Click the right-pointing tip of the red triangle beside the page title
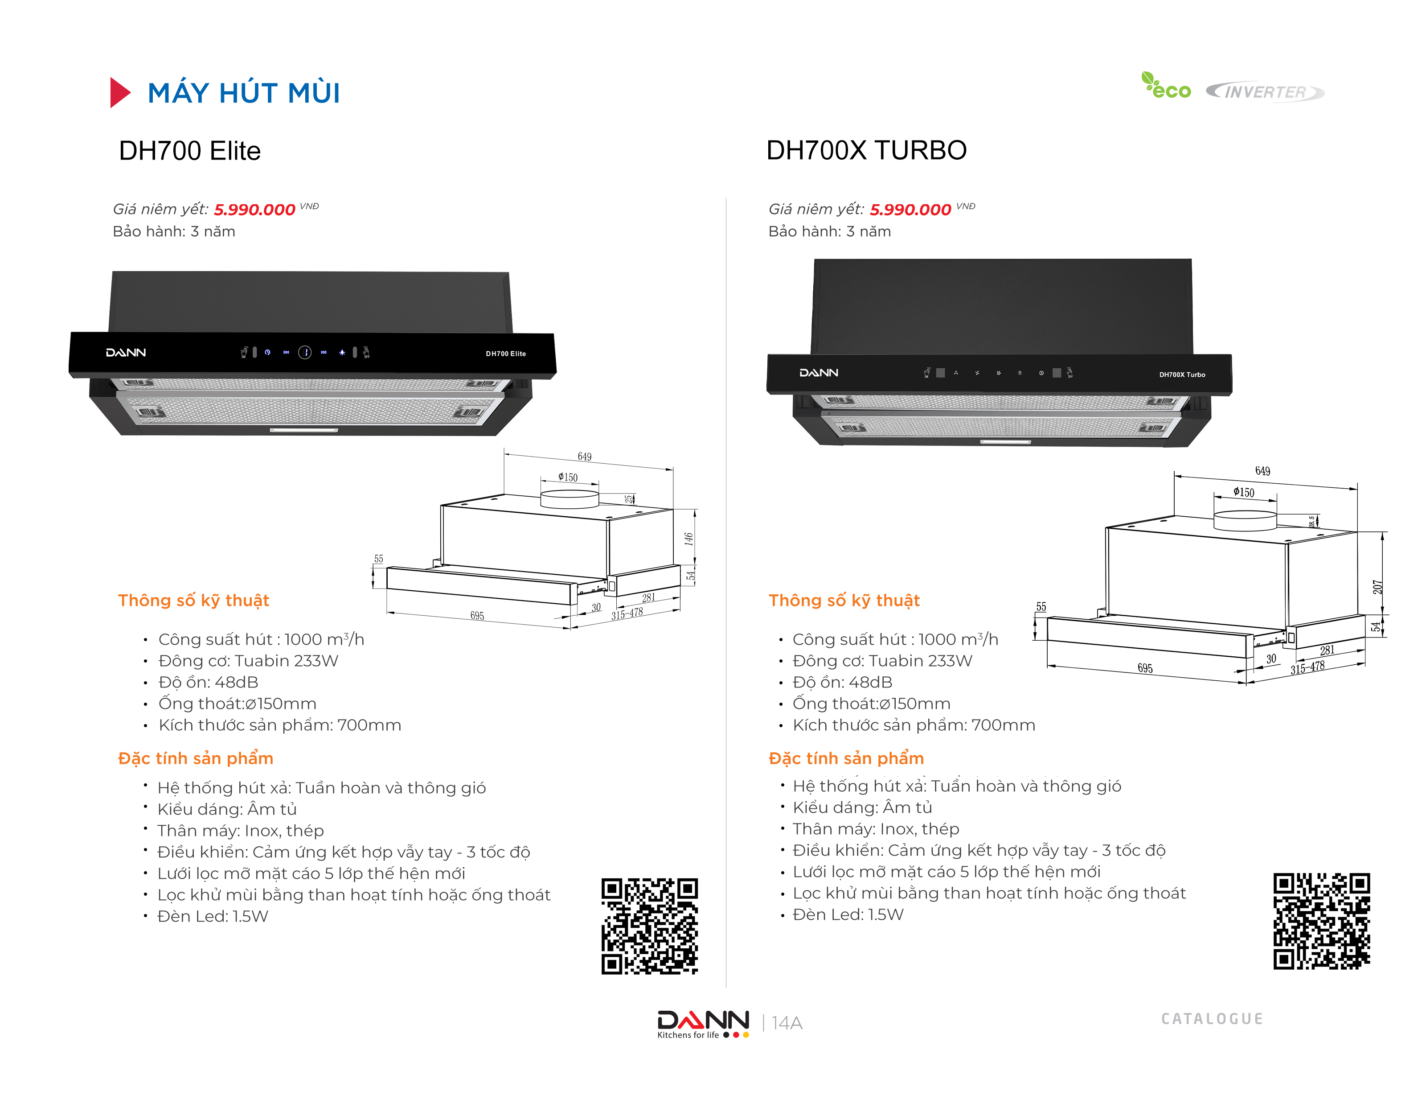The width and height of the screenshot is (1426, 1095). click(131, 93)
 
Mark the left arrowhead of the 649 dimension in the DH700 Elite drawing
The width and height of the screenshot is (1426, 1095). click(507, 454)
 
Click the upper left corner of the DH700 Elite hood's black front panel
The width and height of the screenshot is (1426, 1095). click(71, 333)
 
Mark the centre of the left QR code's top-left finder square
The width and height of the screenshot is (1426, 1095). click(612, 889)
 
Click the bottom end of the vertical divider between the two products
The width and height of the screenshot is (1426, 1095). click(726, 987)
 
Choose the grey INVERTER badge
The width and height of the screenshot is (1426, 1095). click(1264, 92)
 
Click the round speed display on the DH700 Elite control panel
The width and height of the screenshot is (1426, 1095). click(304, 353)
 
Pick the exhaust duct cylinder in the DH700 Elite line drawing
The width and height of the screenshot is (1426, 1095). click(570, 498)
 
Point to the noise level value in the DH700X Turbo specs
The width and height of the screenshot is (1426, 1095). click(870, 683)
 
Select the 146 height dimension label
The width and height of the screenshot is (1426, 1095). click(688, 539)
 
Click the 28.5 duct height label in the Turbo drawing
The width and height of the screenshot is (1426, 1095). click(1311, 522)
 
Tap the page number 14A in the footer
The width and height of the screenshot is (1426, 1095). click(787, 1023)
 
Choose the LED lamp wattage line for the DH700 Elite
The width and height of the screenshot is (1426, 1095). click(213, 916)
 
